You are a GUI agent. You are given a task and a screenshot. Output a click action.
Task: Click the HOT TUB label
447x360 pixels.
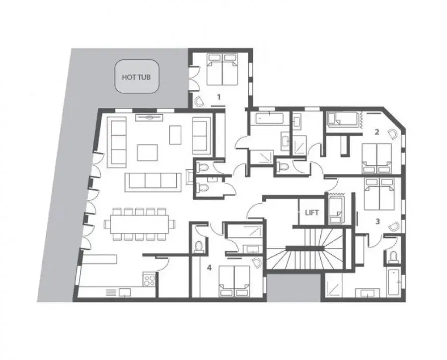(x=136, y=77)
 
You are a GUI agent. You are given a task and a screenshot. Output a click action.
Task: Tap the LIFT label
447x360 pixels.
(x=312, y=213)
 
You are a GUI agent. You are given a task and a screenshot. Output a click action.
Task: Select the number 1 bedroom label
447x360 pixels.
(x=219, y=97)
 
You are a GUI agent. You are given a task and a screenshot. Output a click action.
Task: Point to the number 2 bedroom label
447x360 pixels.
(x=377, y=132)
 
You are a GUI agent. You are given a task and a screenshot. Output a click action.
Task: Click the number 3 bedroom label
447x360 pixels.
(x=378, y=221)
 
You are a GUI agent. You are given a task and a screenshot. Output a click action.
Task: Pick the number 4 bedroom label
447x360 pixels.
(x=210, y=268)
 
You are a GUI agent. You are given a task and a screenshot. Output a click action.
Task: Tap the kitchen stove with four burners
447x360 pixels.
(x=149, y=280)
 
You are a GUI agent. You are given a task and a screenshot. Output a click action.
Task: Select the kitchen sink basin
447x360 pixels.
(x=125, y=292)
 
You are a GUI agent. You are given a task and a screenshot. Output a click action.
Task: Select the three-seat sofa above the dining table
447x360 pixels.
(x=153, y=182)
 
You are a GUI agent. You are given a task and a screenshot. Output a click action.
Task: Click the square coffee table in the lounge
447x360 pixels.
(x=148, y=152)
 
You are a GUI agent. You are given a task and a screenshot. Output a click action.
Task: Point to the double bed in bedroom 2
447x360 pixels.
(x=376, y=158)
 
